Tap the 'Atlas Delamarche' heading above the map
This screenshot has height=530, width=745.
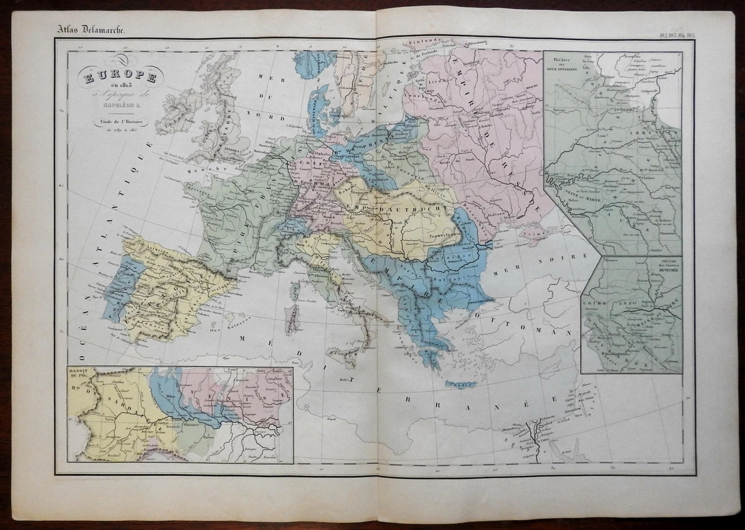coord(87,29)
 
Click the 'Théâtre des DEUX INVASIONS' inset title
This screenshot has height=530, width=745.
coord(561,64)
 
